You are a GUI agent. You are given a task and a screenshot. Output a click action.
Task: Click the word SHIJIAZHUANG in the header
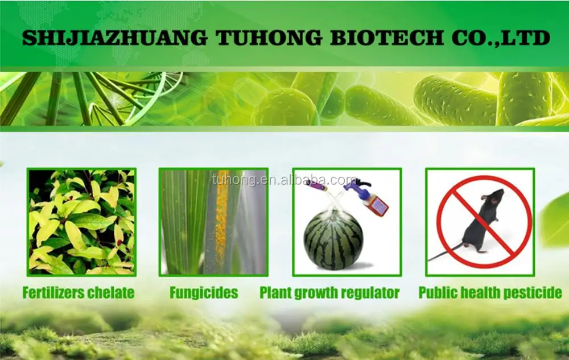click(x=115, y=38)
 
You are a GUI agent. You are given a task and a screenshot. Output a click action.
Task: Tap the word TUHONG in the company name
click(x=269, y=38)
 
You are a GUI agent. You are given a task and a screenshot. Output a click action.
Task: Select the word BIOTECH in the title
click(x=387, y=38)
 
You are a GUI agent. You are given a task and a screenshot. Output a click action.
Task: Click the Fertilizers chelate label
click(x=79, y=293)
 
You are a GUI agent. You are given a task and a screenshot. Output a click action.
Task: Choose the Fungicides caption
click(x=204, y=293)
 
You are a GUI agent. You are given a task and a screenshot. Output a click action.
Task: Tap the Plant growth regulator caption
click(x=329, y=293)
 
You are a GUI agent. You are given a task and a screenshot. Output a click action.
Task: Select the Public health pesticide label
click(x=490, y=293)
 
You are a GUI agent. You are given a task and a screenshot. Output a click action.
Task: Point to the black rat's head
click(x=493, y=197)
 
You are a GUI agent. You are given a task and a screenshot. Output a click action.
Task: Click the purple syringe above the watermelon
click(x=316, y=187)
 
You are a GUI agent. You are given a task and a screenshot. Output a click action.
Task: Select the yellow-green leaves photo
click(x=81, y=222)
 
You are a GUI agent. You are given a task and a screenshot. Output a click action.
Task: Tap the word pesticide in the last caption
click(x=535, y=293)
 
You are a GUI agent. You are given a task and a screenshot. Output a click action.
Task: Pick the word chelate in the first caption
click(x=112, y=293)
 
